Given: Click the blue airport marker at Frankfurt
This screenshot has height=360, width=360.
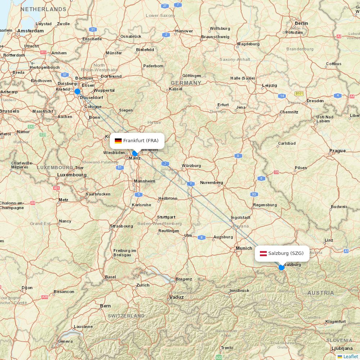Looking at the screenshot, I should click(x=135, y=153).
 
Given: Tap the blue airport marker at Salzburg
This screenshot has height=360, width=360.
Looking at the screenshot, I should click(x=282, y=267).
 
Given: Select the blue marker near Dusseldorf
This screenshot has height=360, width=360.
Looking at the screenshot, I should click(x=77, y=91).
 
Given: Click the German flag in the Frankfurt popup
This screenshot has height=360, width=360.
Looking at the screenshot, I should click(x=118, y=141).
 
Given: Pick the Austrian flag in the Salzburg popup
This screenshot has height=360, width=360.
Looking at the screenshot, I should click(x=263, y=253).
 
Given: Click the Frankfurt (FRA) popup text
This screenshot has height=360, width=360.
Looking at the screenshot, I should click(x=141, y=141).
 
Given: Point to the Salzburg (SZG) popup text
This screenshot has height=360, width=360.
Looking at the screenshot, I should click(x=286, y=253).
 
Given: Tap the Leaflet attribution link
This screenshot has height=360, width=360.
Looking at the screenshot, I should click(x=350, y=356).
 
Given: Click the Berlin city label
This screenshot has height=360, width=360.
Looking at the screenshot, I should click(x=301, y=23).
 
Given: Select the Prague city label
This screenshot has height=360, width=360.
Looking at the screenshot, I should click(x=337, y=151).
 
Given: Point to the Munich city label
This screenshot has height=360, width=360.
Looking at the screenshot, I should click(x=244, y=248).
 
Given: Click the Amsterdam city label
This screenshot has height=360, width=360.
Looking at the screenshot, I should click(x=30, y=31).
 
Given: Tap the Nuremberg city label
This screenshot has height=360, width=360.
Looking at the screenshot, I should click(x=212, y=183).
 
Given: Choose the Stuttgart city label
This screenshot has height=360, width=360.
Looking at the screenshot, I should click(x=166, y=217).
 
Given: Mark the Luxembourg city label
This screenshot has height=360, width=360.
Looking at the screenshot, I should click(x=72, y=175).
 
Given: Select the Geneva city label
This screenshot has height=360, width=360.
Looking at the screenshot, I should click(x=65, y=341).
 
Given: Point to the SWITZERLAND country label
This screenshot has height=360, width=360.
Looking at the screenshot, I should click(x=126, y=316).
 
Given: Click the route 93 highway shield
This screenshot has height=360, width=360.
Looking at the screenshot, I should click(x=255, y=194).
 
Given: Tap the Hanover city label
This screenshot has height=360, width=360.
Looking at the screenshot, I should click(x=184, y=31).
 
